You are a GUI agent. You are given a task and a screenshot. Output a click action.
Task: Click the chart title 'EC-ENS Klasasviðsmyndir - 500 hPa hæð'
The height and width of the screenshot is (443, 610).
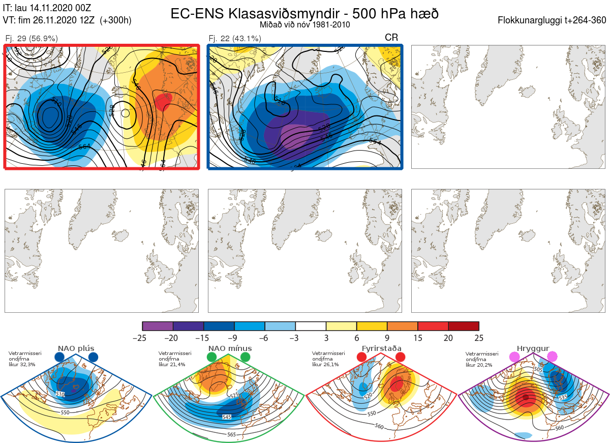pos(304,13)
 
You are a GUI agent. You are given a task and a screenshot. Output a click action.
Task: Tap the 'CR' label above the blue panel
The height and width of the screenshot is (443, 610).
pos(391,38)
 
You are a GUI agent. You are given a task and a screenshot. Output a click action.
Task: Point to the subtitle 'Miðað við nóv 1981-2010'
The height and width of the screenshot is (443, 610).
pos(304,24)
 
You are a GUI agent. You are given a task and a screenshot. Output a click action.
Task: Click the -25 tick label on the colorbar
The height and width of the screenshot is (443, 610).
pos(142,338)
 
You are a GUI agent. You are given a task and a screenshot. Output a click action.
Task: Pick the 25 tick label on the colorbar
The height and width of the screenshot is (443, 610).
pos(478,338)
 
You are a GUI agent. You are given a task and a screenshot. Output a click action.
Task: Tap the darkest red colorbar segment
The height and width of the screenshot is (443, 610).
pos(464,326)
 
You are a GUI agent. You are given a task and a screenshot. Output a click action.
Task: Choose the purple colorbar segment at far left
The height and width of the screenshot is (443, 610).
pos(158,326)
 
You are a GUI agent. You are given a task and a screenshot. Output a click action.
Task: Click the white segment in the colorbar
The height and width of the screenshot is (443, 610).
pos(311,326)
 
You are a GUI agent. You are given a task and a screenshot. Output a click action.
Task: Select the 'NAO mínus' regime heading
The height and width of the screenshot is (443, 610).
pos(230,348)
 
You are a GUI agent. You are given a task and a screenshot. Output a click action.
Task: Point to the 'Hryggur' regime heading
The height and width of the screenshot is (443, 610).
pos(533,348)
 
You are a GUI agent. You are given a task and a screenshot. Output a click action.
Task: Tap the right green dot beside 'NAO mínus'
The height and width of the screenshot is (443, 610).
pos(246,357)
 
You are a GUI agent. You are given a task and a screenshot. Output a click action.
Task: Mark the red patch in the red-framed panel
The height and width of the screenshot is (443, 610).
pos(164,102)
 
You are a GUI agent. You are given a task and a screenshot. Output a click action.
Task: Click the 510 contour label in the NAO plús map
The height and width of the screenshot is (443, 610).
pos(60,394)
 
